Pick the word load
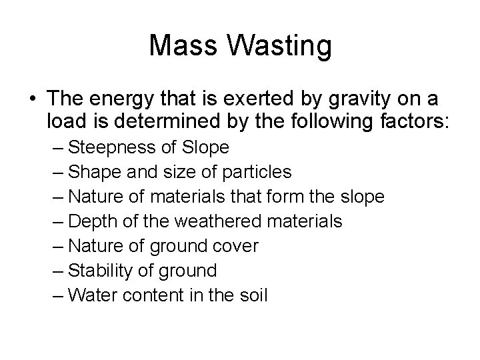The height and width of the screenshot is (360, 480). pos(65,123)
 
